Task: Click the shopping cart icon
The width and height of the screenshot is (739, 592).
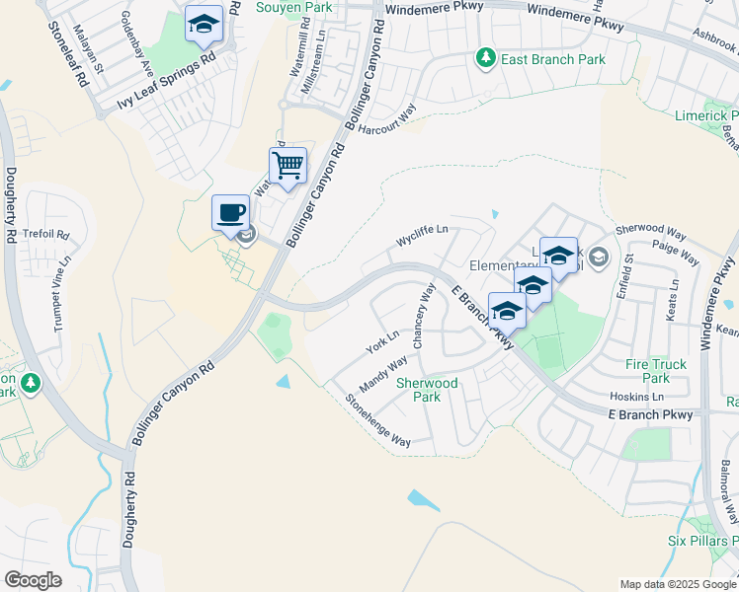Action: click(287, 165)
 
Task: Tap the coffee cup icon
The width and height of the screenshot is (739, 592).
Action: click(231, 212)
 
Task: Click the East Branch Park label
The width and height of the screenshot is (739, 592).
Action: click(552, 60)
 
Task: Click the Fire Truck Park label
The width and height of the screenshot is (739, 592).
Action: click(655, 371)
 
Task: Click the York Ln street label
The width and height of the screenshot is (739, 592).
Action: click(381, 341)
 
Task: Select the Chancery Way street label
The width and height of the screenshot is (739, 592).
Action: click(424, 317)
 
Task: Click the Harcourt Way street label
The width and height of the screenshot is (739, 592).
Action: click(387, 123)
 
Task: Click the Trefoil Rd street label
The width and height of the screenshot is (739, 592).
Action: click(49, 235)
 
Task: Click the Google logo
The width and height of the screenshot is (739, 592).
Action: click(33, 579)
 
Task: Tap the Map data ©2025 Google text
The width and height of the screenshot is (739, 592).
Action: click(677, 584)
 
